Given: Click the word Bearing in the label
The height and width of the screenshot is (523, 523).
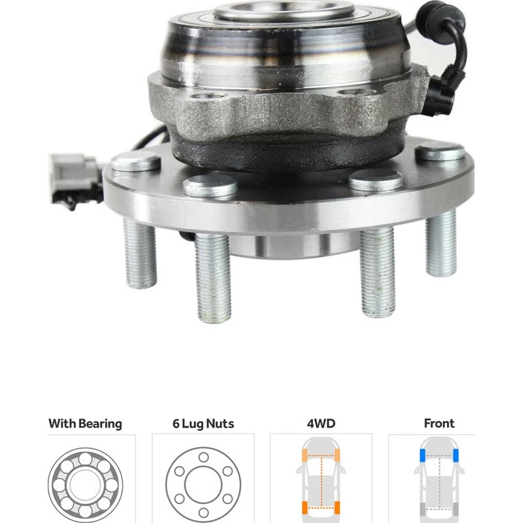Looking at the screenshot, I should click(x=100, y=424).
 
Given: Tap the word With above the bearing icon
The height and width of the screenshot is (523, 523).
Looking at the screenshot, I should click(x=63, y=424).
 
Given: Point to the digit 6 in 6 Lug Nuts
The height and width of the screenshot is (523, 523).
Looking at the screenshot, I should click(x=176, y=424).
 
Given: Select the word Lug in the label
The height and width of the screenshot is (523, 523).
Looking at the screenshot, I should click(x=193, y=424).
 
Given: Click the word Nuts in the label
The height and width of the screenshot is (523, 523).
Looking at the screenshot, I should click(x=220, y=424).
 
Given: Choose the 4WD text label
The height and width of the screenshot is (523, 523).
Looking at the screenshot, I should click(x=321, y=424).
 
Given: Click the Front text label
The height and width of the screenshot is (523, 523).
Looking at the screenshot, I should click(x=439, y=424).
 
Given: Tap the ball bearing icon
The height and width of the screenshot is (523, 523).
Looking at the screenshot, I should click(x=84, y=484).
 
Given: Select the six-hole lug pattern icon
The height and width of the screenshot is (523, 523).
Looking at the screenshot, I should click(x=203, y=484).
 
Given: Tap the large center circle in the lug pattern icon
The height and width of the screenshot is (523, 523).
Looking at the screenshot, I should click(x=203, y=484).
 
